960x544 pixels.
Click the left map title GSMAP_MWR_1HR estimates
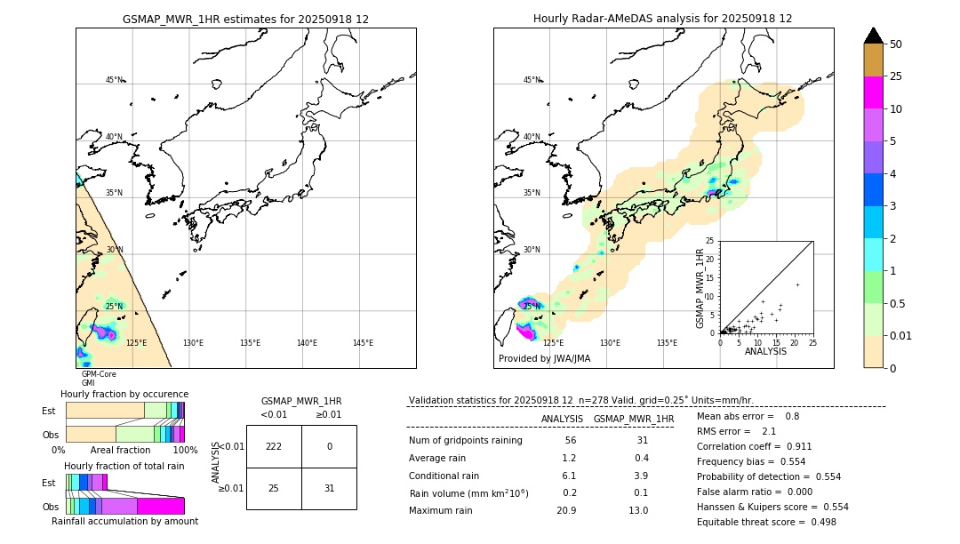pyautogui.click(x=245, y=19)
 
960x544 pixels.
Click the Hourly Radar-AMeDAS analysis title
pyautogui.click(x=663, y=19)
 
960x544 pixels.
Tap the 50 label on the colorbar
pyautogui.click(x=896, y=44)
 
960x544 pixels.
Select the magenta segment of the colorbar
pyautogui.click(x=873, y=92)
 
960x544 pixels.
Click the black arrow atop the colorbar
pyautogui.click(x=873, y=36)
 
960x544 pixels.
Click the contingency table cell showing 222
pyautogui.click(x=274, y=446)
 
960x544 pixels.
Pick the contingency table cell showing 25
pyautogui.click(x=274, y=488)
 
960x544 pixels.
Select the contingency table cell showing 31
pyautogui.click(x=329, y=488)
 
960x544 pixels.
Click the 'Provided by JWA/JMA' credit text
pyautogui.click(x=544, y=358)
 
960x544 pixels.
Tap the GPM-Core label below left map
pyautogui.click(x=99, y=374)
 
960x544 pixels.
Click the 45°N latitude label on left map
pyautogui.click(x=115, y=80)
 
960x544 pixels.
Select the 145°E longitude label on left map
pyautogui.click(x=363, y=343)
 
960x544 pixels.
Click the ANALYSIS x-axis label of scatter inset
pyautogui.click(x=765, y=351)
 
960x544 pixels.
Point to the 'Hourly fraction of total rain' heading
pyautogui.click(x=124, y=466)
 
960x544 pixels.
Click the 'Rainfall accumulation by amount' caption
pyautogui.click(x=124, y=522)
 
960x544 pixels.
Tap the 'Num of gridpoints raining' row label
pyautogui.click(x=465, y=441)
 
